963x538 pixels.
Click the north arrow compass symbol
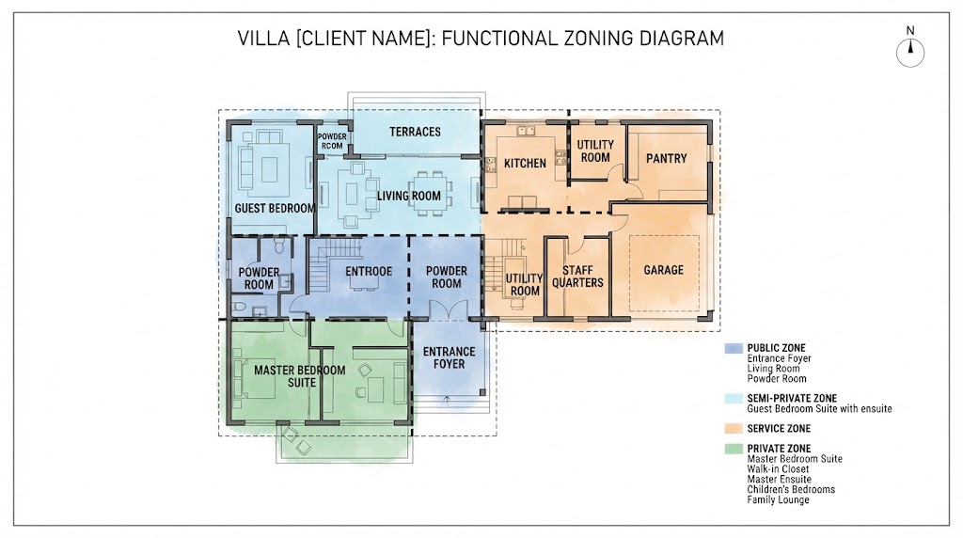point(910,53)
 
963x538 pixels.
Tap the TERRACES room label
point(415,132)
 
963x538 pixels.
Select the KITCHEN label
point(525,164)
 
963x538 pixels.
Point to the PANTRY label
point(667,158)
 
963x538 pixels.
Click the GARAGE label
point(663,270)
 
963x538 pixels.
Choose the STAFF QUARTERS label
point(578,277)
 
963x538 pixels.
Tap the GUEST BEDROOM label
point(275,208)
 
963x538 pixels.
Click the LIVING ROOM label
point(409,196)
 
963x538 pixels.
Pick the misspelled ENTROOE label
point(369,272)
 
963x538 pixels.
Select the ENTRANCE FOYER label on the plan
point(449,357)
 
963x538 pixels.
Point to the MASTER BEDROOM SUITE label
point(300,376)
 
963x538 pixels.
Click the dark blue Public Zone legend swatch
point(734,348)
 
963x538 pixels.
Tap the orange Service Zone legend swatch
point(734,429)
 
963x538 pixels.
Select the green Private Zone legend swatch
point(734,449)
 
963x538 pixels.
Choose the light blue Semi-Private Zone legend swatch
point(734,399)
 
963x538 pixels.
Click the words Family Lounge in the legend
point(778,500)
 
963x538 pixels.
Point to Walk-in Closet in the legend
point(778,469)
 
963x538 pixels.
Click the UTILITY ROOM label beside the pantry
point(595,151)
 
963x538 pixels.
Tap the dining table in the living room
point(429,194)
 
